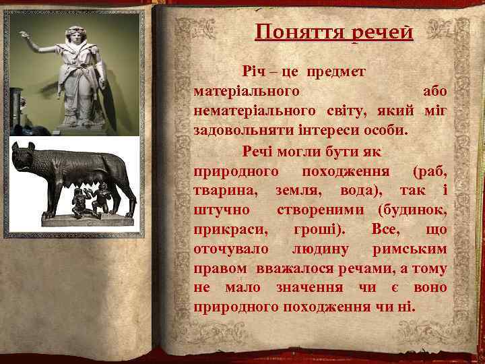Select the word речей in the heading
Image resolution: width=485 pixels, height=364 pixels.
click(x=381, y=32)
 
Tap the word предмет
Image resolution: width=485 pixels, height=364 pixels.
click(x=337, y=71)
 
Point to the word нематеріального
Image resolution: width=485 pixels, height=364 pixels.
click(x=247, y=109)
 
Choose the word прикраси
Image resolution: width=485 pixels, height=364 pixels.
click(x=228, y=230)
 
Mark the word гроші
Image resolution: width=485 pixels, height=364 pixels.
click(x=319, y=230)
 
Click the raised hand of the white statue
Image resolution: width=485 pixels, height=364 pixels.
click(x=25, y=34)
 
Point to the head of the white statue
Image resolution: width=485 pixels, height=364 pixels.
click(x=73, y=34)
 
